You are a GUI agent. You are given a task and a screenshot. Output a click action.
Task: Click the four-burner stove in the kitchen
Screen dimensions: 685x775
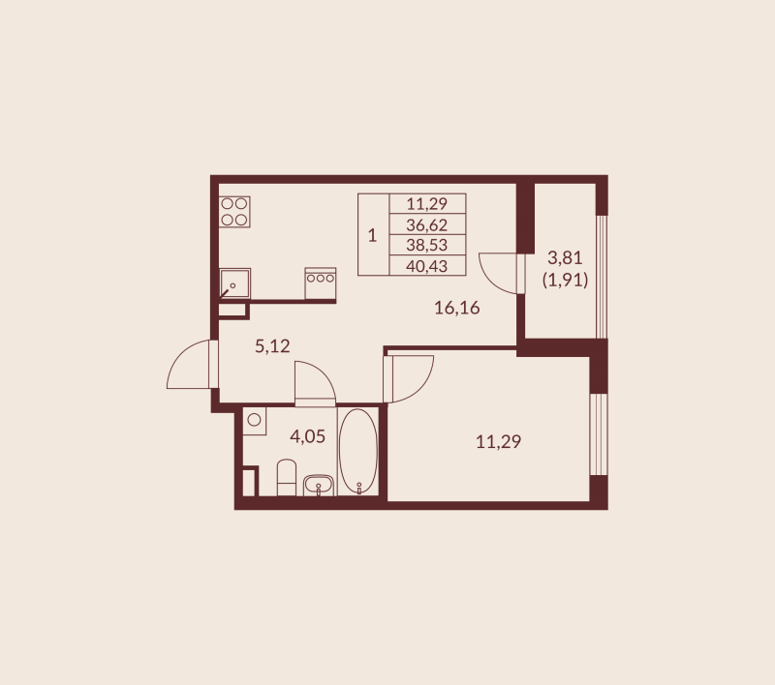tap(234, 212)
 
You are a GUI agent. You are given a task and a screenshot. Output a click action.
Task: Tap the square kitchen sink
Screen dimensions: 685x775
tap(234, 283)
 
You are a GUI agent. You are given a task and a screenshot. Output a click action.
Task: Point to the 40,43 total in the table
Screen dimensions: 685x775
tap(427, 265)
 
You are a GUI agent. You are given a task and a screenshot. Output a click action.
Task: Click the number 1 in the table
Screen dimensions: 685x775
tap(373, 235)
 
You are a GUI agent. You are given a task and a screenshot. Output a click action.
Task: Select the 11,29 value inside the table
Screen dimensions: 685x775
tap(427, 203)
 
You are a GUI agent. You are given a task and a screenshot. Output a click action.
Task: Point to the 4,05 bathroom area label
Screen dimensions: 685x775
tap(308, 435)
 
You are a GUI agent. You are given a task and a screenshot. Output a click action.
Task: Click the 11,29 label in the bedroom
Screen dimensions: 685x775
tap(498, 442)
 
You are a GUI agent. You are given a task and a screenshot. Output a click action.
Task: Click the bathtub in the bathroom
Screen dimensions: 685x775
tap(358, 452)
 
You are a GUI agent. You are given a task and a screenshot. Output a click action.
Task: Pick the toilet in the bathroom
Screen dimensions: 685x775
tap(287, 478)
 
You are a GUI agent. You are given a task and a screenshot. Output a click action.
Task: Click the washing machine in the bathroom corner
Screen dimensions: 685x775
tap(255, 421)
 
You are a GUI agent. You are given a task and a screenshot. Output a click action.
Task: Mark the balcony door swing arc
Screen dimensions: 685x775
tap(502, 272)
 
